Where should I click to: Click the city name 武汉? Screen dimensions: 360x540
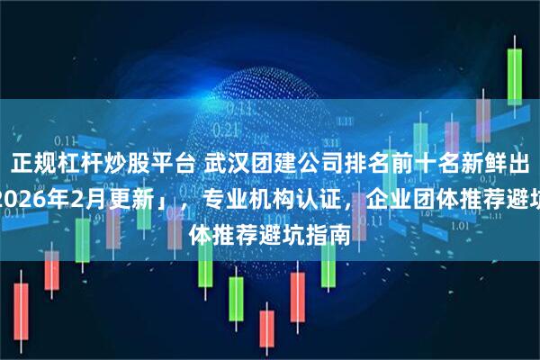click(225, 163)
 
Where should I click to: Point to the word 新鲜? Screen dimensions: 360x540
click(479, 163)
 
